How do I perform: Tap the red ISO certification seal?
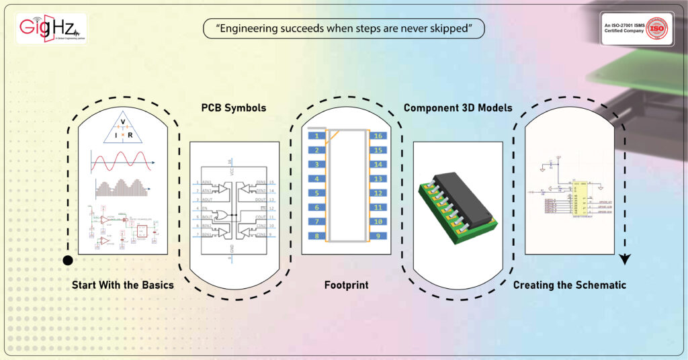pos(658,29)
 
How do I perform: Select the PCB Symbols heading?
pos(234,108)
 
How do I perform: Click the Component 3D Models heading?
pos(458,108)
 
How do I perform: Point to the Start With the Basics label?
pos(123,285)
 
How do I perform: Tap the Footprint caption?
pos(346,285)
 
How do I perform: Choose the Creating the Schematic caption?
pos(570,285)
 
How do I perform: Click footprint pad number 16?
pos(378,136)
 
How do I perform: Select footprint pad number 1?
pos(315,136)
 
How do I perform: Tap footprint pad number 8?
pos(315,236)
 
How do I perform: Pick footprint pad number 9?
pos(378,236)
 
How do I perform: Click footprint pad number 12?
pos(378,193)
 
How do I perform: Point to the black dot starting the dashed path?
pos(67,261)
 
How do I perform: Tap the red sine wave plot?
pos(121,163)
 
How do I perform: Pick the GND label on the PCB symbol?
pos(230,249)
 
